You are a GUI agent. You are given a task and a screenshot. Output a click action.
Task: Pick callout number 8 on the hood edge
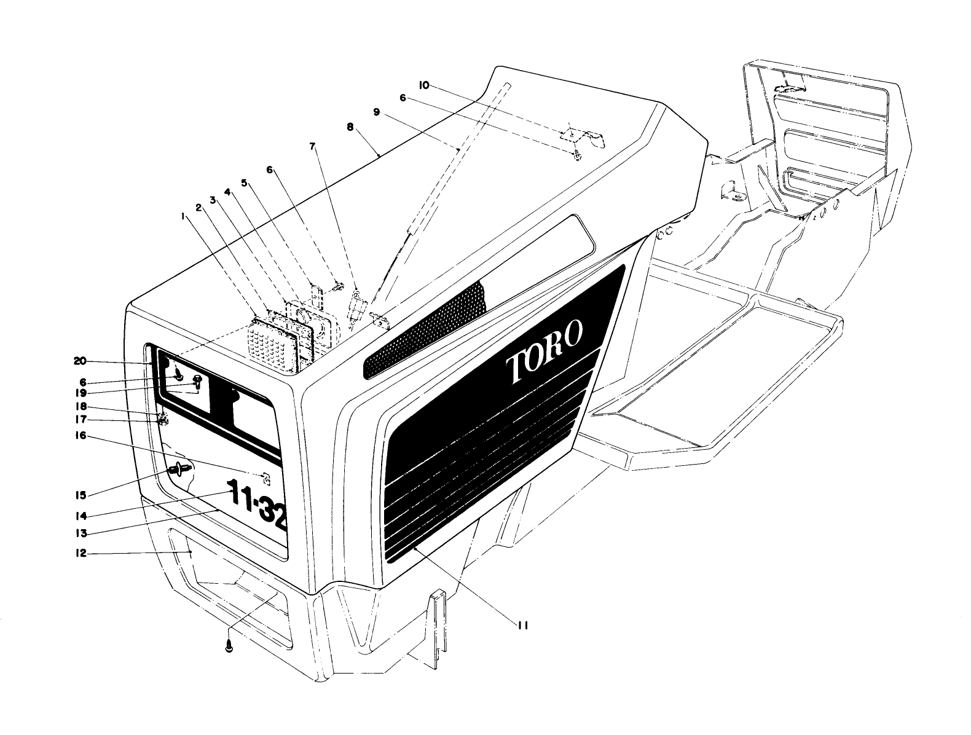[350, 127]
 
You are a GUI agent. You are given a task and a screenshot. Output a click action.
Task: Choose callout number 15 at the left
[80, 494]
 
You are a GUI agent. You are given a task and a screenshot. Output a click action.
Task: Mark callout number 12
[80, 554]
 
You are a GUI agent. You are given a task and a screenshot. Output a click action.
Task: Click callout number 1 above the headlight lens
[183, 216]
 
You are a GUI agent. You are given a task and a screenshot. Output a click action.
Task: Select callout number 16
[80, 436]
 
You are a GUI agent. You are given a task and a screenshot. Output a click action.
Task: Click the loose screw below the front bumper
[229, 646]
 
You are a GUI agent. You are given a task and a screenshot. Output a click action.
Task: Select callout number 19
[80, 393]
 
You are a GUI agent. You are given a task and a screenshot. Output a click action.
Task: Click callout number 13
[80, 533]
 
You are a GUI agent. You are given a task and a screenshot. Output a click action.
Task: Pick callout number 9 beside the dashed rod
[376, 112]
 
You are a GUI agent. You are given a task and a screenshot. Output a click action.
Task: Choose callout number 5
[244, 183]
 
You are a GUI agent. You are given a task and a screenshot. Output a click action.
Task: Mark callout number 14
[80, 516]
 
